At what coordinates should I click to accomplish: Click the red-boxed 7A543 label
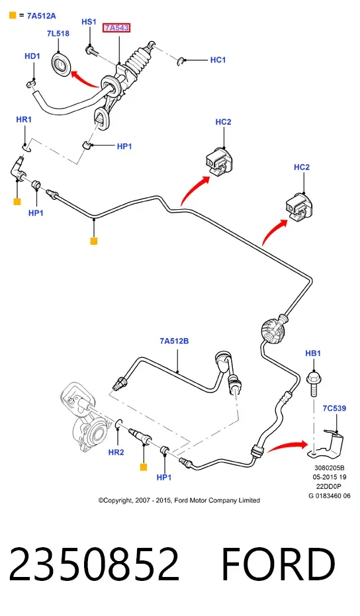coord(116,28)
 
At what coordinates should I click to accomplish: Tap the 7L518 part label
coord(58,34)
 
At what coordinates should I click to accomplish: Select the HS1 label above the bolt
coord(89,22)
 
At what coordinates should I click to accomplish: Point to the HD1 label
coord(32,56)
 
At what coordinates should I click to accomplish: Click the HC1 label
coord(218,60)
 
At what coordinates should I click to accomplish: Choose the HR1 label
coord(24,119)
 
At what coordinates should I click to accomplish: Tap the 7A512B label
coord(174,341)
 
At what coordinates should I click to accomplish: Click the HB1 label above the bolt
coord(313,353)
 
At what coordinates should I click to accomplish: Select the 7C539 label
coord(334,408)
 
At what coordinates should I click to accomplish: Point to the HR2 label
coord(116,452)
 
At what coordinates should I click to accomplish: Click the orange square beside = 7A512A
coord(13,16)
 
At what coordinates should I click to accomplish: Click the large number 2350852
coord(95,564)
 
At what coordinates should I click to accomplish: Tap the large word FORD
coord(278,564)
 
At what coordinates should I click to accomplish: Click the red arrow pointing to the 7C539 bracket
coord(287,447)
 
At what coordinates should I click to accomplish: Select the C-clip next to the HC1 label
coord(181,61)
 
